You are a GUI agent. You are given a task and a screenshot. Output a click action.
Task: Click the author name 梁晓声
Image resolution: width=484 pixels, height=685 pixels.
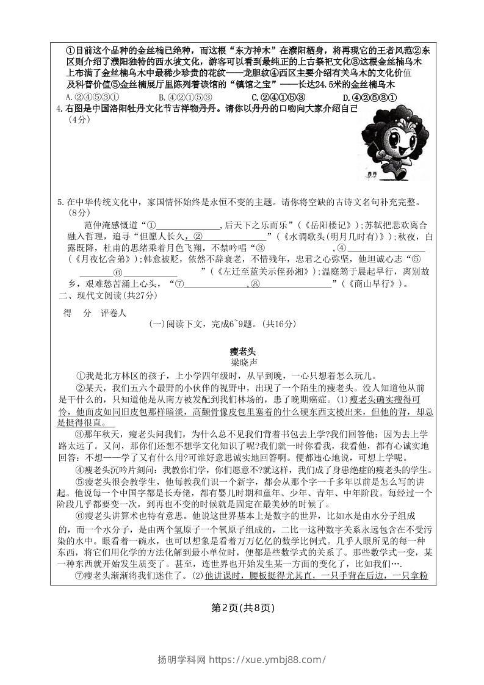tap(242, 362)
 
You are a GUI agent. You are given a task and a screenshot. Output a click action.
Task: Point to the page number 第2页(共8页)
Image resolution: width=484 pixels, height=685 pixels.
tap(242, 607)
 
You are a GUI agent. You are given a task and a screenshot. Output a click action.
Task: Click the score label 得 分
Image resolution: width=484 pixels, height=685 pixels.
tap(78, 313)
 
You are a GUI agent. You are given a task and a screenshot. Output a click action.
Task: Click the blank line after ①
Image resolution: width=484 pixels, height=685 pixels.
tap(190, 225)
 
